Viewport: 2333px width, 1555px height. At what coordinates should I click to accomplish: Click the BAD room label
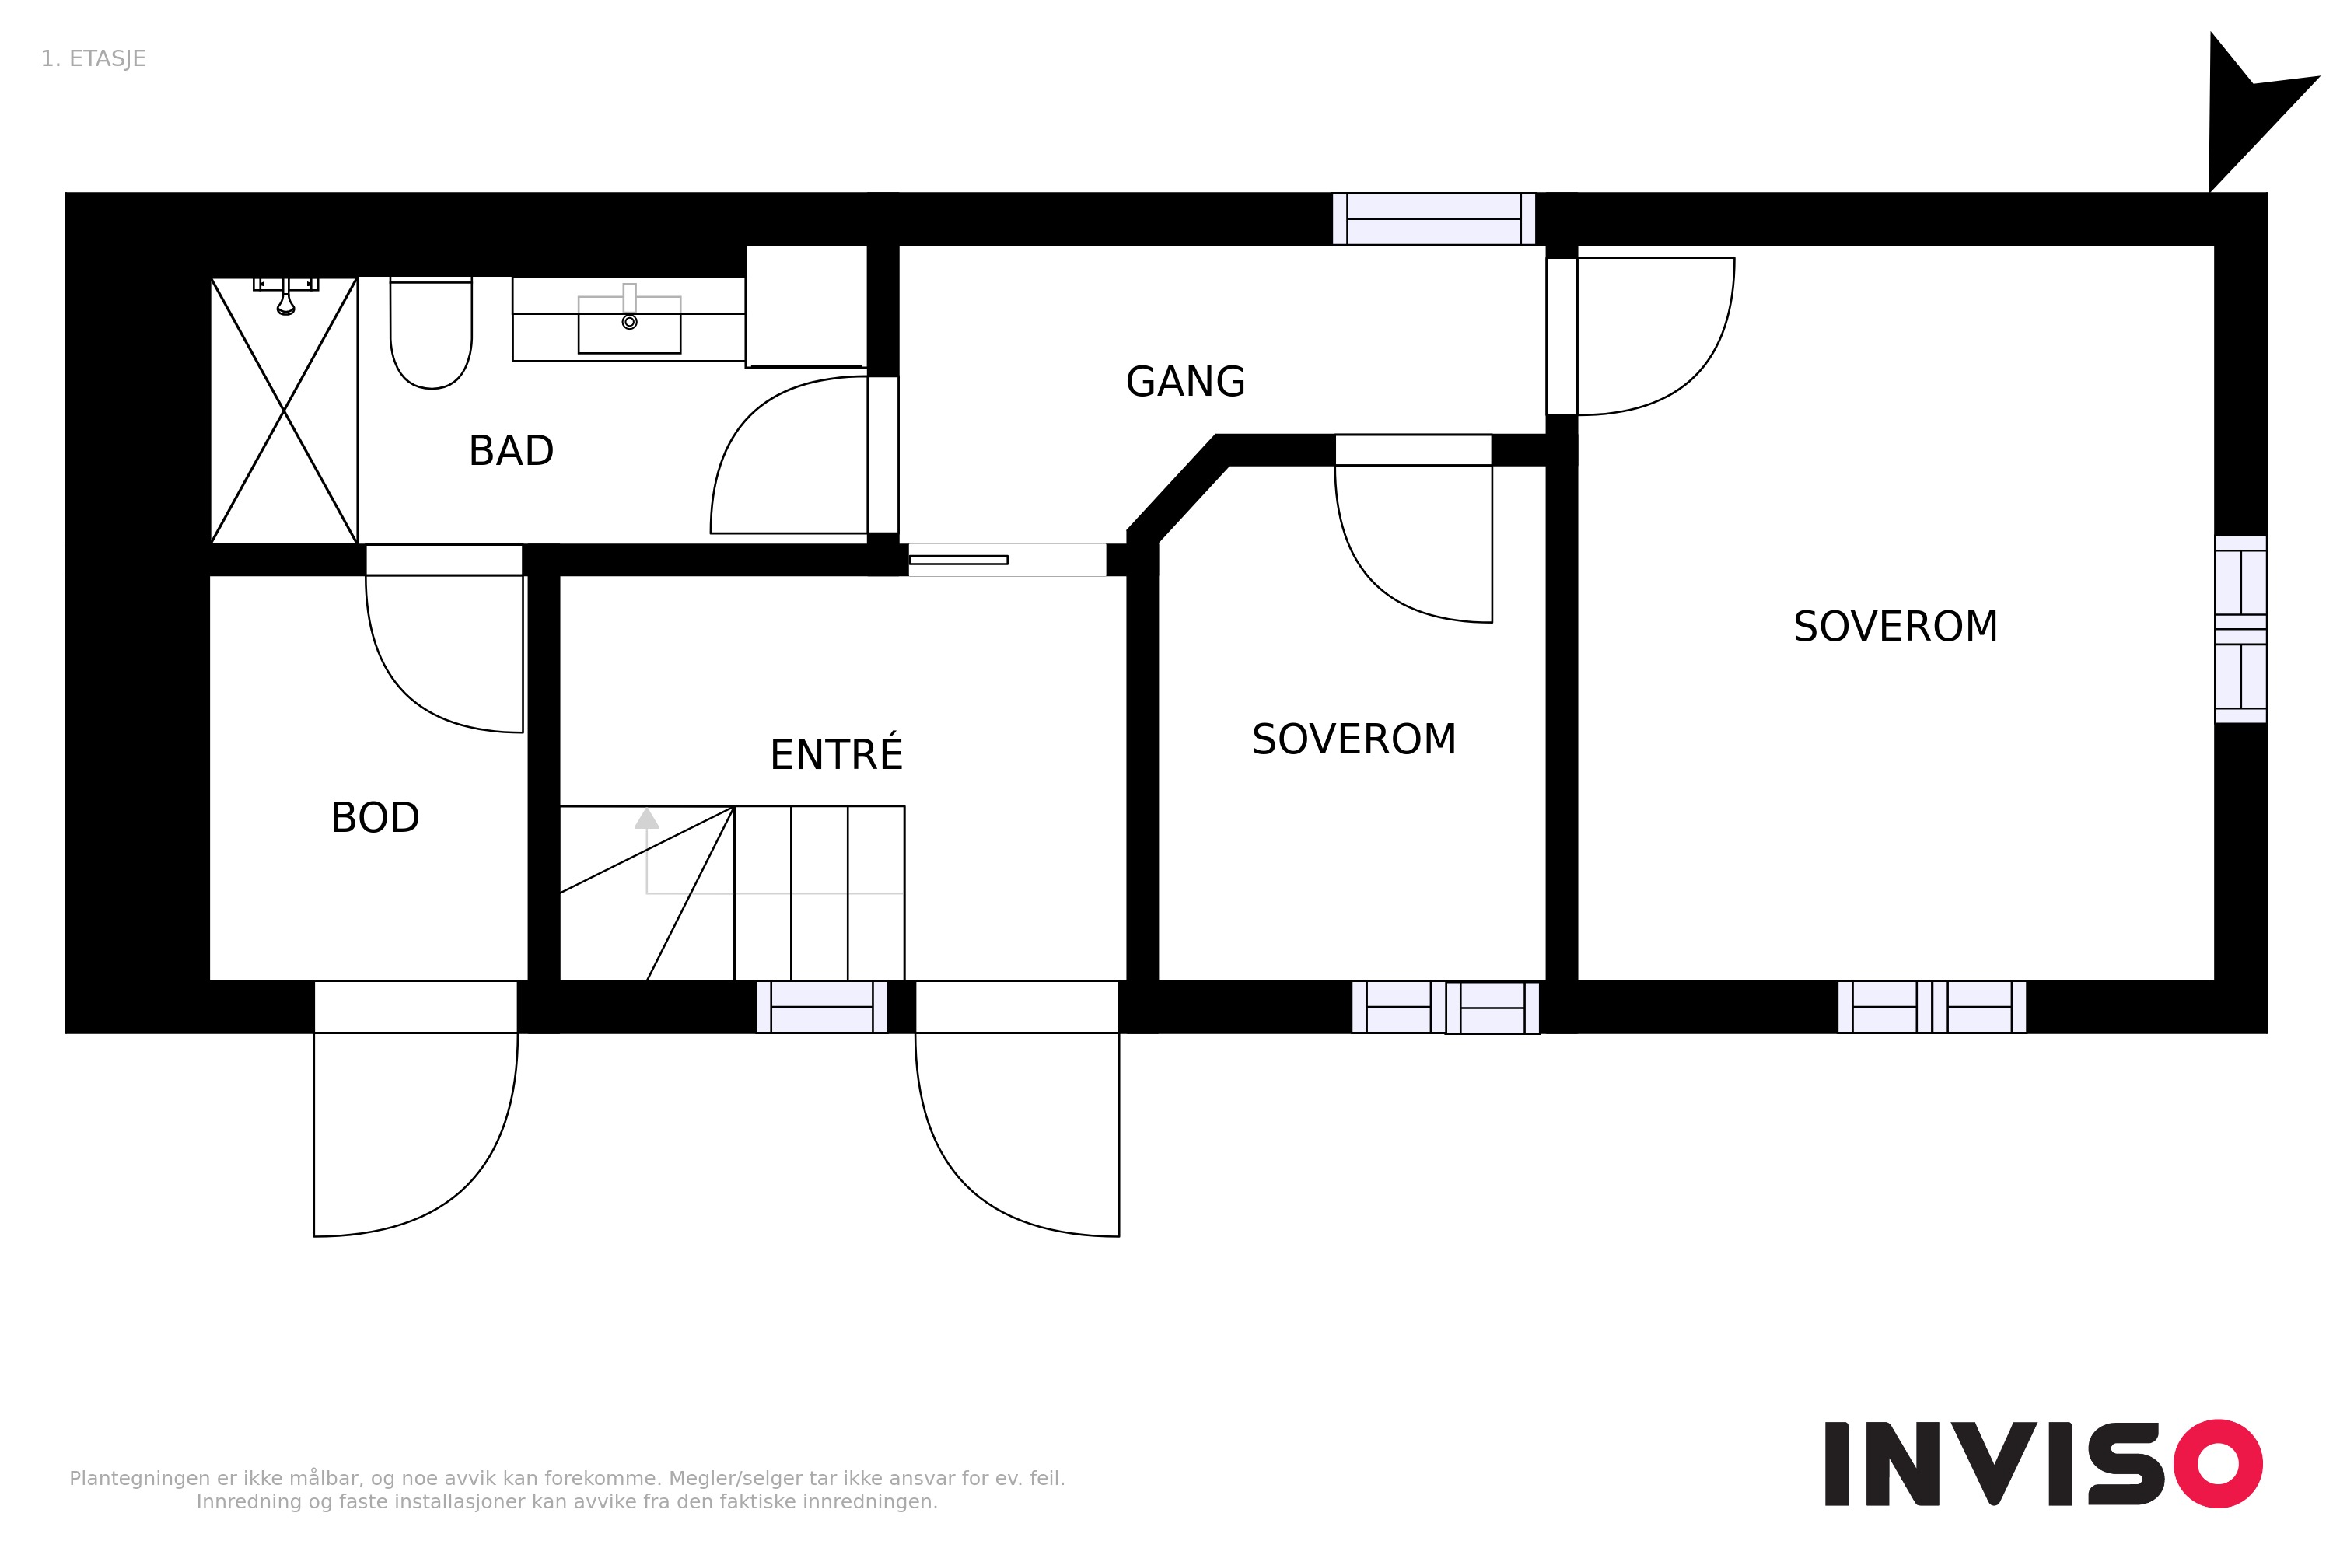[x=511, y=451]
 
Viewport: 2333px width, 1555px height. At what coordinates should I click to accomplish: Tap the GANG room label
[x=1185, y=382]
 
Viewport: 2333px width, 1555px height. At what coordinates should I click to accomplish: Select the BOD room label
[x=375, y=818]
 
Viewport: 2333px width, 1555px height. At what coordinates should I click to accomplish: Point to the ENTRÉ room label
[x=836, y=753]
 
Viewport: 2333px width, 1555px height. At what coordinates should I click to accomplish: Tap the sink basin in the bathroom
[x=629, y=323]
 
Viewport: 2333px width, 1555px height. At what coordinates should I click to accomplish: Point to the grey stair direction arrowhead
[x=647, y=818]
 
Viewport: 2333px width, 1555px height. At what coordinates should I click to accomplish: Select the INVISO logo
[x=2044, y=1464]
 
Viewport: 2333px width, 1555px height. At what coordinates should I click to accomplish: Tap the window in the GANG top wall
[x=1433, y=219]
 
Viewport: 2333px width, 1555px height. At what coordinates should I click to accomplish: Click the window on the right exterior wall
[x=2240, y=630]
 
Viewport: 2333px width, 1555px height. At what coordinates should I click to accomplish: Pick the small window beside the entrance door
[x=821, y=1007]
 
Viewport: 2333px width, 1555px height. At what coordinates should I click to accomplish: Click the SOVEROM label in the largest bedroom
[x=1894, y=627]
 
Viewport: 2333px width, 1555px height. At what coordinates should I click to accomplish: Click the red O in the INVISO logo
[x=2218, y=1464]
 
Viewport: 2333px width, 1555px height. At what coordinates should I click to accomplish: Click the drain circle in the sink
[x=629, y=323]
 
